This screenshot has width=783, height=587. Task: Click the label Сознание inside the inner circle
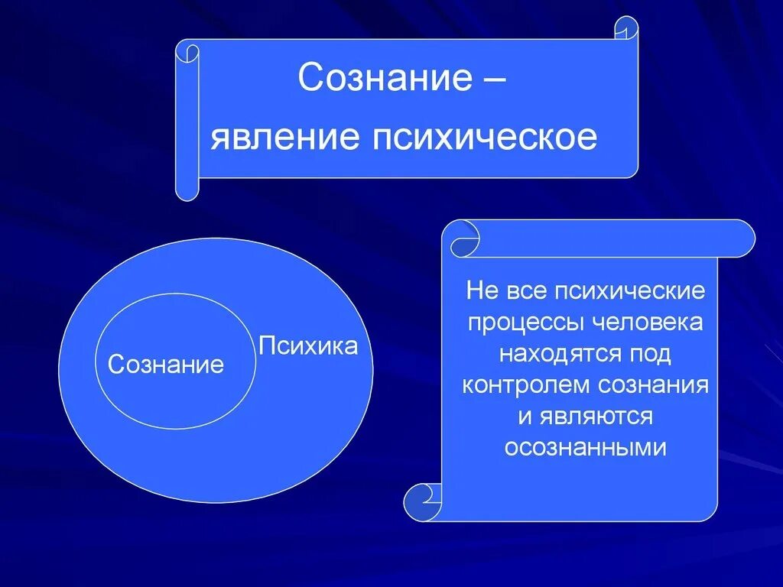point(166,365)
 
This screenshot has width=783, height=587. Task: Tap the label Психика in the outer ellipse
point(308,346)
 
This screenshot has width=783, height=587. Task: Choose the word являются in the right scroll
point(596,416)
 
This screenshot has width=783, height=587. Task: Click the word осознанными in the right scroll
point(586,447)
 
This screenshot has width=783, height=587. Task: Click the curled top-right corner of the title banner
point(626,28)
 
